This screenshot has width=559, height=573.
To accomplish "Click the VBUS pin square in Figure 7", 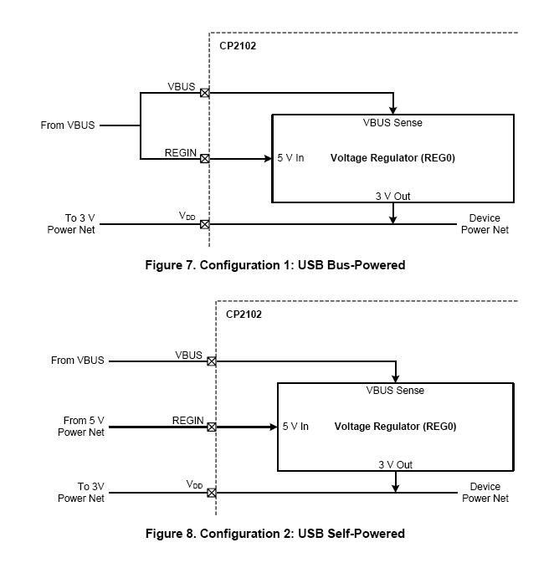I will pyautogui.click(x=205, y=93).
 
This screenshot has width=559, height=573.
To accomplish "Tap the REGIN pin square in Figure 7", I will pyautogui.click(x=205, y=157).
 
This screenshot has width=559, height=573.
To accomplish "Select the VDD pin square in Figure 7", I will pyautogui.click(x=205, y=224).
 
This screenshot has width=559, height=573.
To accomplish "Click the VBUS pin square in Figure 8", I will pyautogui.click(x=212, y=361).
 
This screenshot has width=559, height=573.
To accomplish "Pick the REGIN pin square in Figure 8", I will pyautogui.click(x=212, y=427).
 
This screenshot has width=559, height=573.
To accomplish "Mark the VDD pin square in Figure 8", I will pyautogui.click(x=212, y=493).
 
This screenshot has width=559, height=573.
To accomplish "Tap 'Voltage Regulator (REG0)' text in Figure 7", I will pyautogui.click(x=386, y=157).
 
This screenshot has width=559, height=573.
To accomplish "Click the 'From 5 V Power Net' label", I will pyautogui.click(x=81, y=427).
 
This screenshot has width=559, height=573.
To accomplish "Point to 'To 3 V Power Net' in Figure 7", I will pyautogui.click(x=71, y=224).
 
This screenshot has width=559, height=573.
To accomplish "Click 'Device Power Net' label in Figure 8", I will pyautogui.click(x=485, y=493).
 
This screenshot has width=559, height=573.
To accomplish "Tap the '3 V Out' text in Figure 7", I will pyautogui.click(x=392, y=197).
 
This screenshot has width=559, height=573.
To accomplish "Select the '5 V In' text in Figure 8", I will pyautogui.click(x=295, y=427).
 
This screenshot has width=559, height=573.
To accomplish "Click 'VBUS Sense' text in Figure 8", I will pyautogui.click(x=395, y=391).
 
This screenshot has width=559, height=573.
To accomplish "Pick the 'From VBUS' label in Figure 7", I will pyautogui.click(x=68, y=125).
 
